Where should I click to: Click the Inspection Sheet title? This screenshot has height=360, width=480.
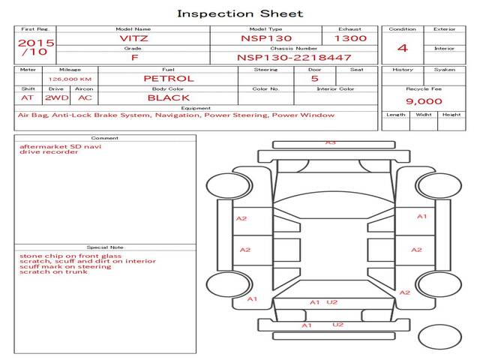point(240,13)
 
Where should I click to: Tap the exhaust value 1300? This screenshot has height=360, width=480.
point(350,37)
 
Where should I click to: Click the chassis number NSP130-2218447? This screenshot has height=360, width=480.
point(293,57)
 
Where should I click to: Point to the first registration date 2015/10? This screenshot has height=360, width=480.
point(35,48)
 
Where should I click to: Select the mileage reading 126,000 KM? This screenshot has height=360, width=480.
point(70,78)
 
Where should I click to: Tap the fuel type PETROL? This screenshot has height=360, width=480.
point(168,78)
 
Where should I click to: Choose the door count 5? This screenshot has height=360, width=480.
point(314,78)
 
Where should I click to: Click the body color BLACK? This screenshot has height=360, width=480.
point(168,97)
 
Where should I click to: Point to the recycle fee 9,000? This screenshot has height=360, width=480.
point(424,101)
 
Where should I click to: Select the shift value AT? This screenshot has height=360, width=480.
point(28,97)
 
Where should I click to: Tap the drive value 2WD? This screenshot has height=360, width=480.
point(55,97)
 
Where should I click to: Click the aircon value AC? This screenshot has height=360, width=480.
point(85,97)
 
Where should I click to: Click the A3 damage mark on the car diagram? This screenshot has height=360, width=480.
point(331,142)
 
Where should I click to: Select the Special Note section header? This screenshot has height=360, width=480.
point(104,247)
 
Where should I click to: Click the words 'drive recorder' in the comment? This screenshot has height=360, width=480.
point(49,152)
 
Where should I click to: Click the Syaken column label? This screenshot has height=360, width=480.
point(444,70)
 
